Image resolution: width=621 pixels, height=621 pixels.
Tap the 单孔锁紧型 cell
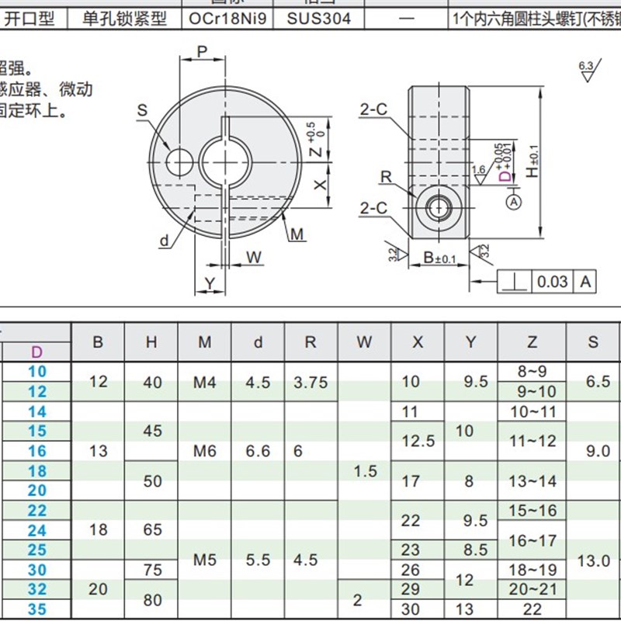125,17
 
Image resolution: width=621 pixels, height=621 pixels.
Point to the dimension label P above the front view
202,52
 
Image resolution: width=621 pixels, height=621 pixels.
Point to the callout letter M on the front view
297,234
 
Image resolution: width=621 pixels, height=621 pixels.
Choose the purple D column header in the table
36,352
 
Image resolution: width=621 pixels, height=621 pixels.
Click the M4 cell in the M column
204,382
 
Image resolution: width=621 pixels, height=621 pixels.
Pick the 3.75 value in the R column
310,382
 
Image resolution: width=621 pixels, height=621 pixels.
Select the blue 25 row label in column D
37,550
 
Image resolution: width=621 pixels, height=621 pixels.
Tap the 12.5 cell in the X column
418,441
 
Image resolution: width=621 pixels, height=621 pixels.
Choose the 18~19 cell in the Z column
532,570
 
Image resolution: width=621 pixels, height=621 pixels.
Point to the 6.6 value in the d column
258,451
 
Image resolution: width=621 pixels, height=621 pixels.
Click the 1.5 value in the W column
364,471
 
